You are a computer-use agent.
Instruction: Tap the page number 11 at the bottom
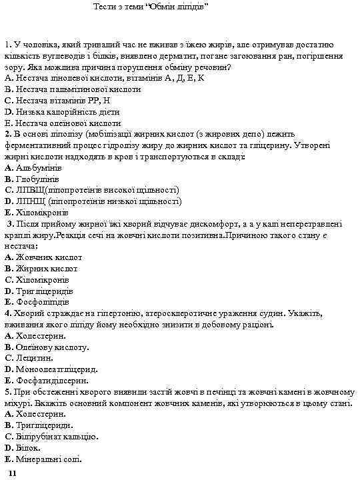[12, 472]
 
